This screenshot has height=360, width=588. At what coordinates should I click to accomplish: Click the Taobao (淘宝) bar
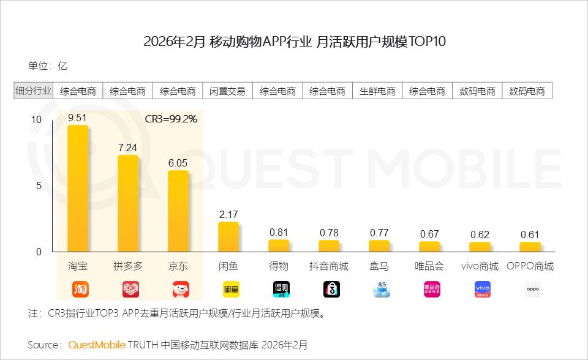(78, 189)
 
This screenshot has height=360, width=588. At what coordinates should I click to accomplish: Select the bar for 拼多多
(128, 203)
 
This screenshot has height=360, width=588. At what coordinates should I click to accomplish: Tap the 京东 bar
(178, 211)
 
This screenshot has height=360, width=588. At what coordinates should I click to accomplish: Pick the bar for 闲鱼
(228, 237)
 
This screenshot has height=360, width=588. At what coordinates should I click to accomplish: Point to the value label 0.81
(279, 232)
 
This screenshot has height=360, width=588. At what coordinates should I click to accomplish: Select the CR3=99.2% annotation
(171, 119)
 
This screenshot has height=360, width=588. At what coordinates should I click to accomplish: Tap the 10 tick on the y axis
(36, 119)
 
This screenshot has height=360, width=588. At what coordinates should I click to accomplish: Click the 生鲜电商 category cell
(378, 91)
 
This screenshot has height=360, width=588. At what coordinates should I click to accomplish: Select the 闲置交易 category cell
(228, 91)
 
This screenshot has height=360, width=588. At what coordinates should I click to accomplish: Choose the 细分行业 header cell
(33, 91)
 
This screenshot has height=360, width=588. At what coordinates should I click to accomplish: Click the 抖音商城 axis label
(329, 266)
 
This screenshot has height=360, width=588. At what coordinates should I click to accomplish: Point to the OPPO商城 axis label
(530, 266)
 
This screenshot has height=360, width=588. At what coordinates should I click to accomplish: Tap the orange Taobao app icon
(81, 289)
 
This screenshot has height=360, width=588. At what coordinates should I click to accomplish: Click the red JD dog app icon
(181, 289)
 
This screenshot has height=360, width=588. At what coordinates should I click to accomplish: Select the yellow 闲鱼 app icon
(231, 289)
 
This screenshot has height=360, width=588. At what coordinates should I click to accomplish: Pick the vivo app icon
(483, 289)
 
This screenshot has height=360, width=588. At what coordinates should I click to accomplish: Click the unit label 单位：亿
(47, 66)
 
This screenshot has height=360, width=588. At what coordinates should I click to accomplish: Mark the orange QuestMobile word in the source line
(97, 345)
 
